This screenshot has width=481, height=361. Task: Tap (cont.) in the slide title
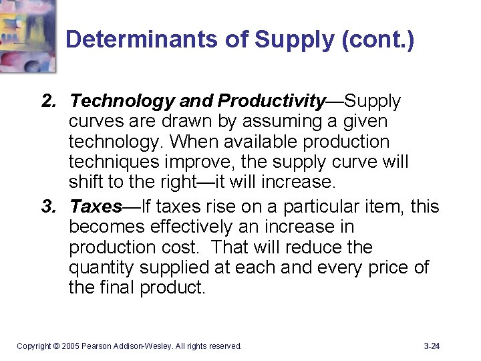click(377, 40)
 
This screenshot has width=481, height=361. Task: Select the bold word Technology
click(122, 102)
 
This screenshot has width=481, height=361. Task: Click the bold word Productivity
click(271, 102)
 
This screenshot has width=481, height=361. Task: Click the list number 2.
click(47, 102)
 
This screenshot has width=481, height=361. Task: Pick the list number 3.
click(47, 206)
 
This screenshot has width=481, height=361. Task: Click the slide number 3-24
click(432, 346)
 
